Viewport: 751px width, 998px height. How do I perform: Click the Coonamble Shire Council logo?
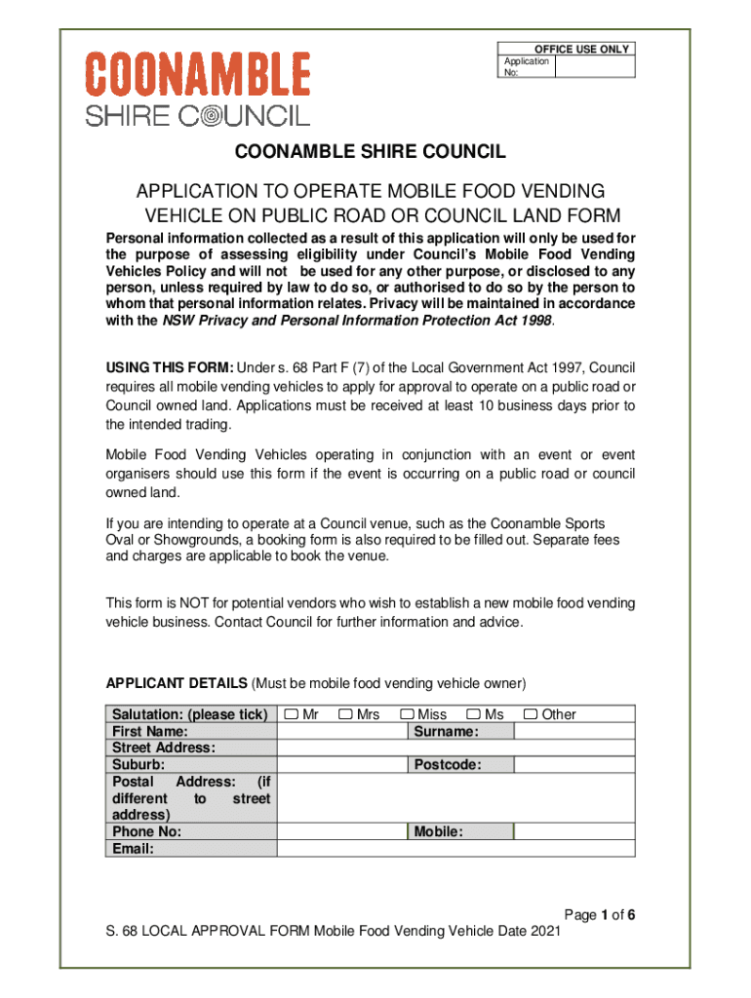(198, 89)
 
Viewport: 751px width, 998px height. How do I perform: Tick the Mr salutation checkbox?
(291, 714)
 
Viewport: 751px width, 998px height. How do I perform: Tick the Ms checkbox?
(473, 714)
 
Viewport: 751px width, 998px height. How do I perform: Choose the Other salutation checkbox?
(532, 714)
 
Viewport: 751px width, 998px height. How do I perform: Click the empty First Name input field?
(341, 731)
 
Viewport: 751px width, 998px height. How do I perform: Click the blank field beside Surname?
(573, 731)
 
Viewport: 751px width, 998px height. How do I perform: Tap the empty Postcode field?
(573, 765)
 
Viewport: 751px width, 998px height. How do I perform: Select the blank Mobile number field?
(573, 831)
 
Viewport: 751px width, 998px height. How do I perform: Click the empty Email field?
(455, 848)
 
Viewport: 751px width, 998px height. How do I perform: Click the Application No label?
(527, 66)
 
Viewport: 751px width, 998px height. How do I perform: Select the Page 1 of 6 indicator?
(600, 914)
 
